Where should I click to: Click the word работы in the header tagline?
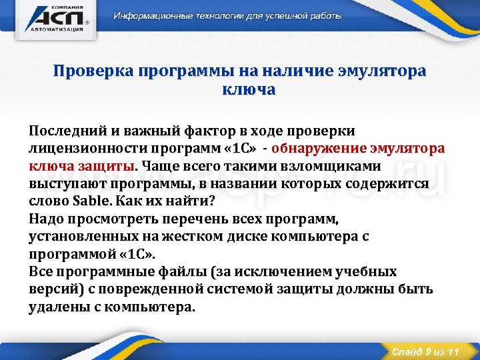[325, 16]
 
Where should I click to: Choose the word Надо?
[45, 219]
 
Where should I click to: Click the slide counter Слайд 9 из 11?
[425, 351]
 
